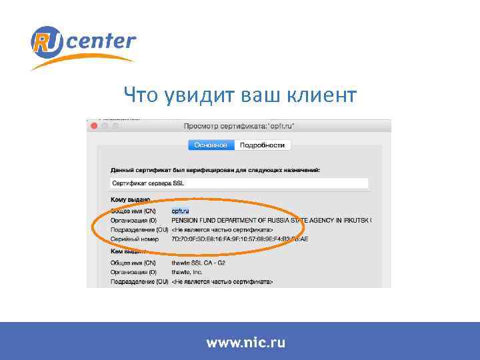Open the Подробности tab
tap(262, 145)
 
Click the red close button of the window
tap(94, 125)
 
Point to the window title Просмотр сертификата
tap(238, 125)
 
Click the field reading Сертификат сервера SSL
tap(239, 183)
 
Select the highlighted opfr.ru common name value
tap(181, 211)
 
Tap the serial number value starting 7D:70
tap(240, 239)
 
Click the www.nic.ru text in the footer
tap(245, 343)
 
